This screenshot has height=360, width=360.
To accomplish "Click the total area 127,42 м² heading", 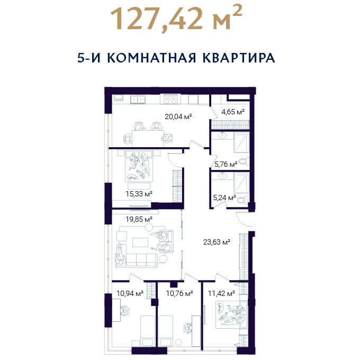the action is pyautogui.click(x=176, y=19).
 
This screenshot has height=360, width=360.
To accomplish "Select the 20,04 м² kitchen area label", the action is pyautogui.click(x=178, y=116).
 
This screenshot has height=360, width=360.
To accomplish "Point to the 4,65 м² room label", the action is pyautogui.click(x=233, y=112).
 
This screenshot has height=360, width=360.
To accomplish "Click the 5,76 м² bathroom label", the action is pyautogui.click(x=226, y=164).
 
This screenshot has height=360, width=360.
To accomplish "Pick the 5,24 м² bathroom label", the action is pyautogui.click(x=224, y=197).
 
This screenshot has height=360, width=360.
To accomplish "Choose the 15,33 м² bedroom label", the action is pyautogui.click(x=139, y=194).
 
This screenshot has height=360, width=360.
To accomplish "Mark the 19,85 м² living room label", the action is pyautogui.click(x=139, y=219).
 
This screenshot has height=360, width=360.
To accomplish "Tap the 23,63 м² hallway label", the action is pyautogui.click(x=217, y=242).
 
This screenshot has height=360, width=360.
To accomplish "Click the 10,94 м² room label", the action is pyautogui.click(x=130, y=293).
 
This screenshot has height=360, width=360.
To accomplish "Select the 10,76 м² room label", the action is pyautogui.click(x=179, y=293).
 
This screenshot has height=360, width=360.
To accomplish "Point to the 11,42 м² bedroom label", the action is pyautogui.click(x=221, y=293).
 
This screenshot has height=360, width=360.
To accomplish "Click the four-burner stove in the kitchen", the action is pyautogui.click(x=170, y=100).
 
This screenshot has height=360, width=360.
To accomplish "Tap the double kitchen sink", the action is pyautogui.click(x=138, y=99).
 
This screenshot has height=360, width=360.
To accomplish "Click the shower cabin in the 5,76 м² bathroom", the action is pyautogui.click(x=241, y=142).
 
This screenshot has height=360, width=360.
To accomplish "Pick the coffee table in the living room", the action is pyautogui.click(x=140, y=242).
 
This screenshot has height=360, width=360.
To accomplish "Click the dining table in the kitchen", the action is pyautogui.click(x=148, y=138).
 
